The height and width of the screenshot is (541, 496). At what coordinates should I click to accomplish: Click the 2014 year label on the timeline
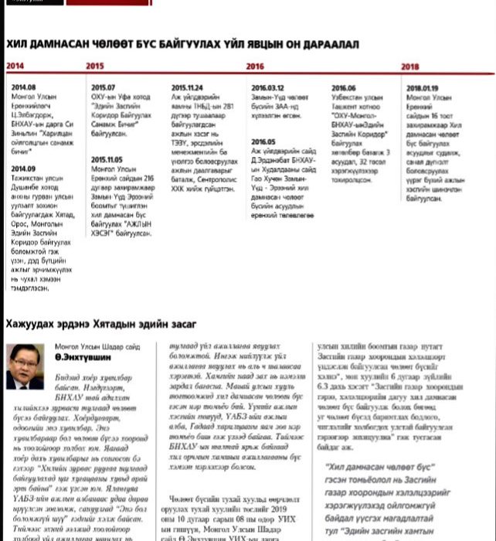pyautogui.click(x=15, y=66)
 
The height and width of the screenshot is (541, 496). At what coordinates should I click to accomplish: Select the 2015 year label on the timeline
pyautogui.click(x=95, y=66)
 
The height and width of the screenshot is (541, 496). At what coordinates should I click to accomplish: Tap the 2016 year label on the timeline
pyautogui.click(x=255, y=66)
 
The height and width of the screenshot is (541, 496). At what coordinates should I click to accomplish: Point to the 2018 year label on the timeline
pyautogui.click(x=410, y=66)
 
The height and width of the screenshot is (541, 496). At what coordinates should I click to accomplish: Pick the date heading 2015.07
pyautogui.click(x=103, y=88)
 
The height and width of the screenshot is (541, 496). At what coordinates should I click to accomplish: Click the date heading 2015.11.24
pyautogui.click(x=187, y=88)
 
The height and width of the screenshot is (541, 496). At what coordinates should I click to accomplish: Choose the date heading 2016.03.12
pyautogui.click(x=267, y=88)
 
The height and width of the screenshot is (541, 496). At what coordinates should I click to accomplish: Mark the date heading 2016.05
pyautogui.click(x=263, y=142)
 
